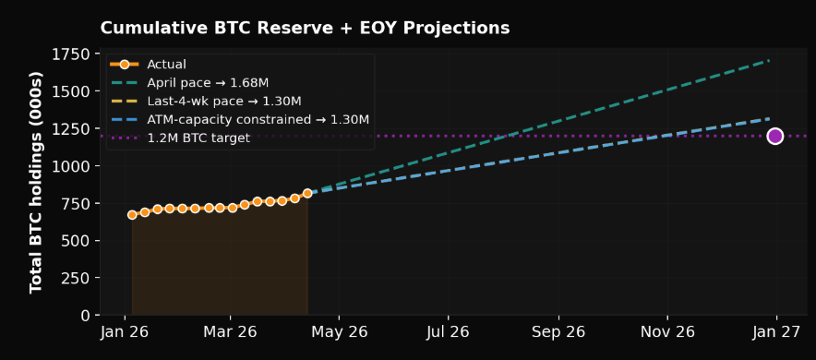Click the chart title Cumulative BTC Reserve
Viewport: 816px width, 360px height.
(x=305, y=29)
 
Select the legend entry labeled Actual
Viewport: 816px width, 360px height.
(x=166, y=65)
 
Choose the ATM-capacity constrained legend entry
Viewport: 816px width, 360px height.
(x=258, y=120)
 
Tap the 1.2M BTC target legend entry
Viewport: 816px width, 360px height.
(x=198, y=138)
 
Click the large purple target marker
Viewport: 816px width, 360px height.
(x=774, y=137)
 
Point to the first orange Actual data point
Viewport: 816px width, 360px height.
(x=132, y=215)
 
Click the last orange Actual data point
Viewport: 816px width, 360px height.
(x=307, y=194)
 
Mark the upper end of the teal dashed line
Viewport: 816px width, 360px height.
(x=769, y=61)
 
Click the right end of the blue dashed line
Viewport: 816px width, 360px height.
(x=769, y=118)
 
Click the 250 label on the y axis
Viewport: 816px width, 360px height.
(x=78, y=278)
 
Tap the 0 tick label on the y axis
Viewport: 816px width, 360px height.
(x=86, y=316)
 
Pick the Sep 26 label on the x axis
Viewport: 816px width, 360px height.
(x=558, y=332)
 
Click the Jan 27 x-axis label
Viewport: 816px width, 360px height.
(x=776, y=332)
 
